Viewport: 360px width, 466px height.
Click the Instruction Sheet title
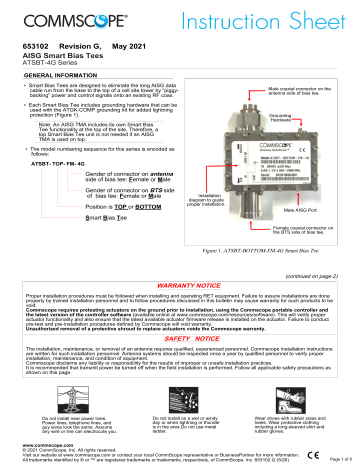(274, 20)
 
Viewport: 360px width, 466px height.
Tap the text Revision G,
(71, 46)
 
